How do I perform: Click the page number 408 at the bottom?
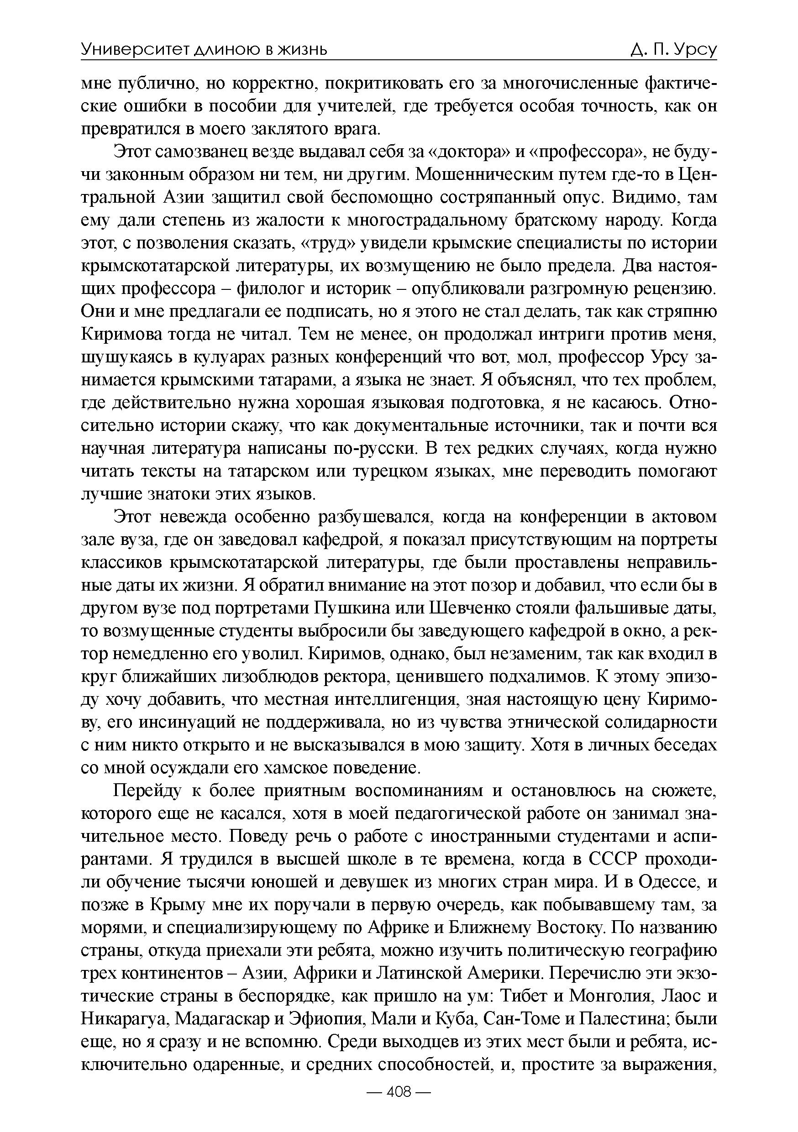[399, 1092]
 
